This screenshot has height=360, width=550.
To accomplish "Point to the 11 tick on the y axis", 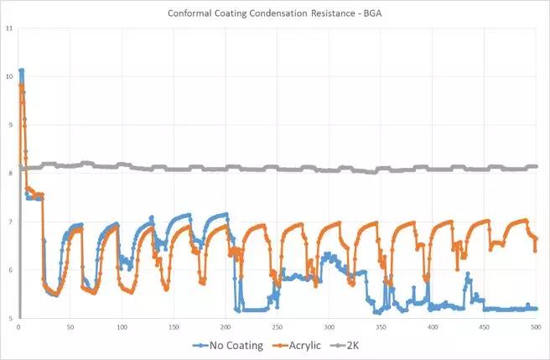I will [8, 29].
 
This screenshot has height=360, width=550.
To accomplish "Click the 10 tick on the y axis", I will [8, 77].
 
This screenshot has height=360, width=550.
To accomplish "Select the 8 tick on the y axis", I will [9, 174].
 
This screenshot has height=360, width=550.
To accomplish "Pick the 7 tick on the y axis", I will [9, 222].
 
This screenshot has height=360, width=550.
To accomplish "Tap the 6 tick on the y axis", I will [9, 270].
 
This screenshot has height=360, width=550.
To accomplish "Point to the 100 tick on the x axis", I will [122, 326].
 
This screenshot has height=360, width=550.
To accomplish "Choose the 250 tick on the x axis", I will [277, 326].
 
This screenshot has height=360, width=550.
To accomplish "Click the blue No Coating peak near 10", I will [21, 70].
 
